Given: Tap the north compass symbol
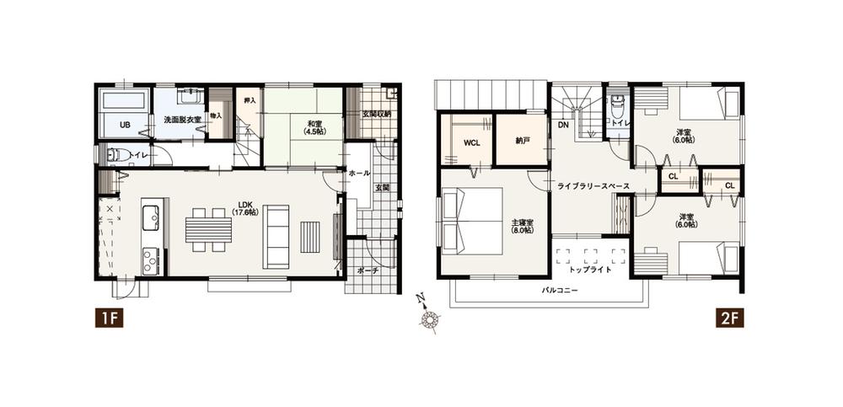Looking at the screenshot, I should point(432,319).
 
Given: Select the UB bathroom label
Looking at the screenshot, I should point(125,125).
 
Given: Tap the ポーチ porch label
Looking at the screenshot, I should point(368,270).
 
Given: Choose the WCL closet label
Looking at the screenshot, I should point(472,142).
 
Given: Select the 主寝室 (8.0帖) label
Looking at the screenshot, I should point(522,227).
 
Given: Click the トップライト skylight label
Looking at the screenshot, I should point(590,270).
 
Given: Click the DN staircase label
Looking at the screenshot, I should point(562,126).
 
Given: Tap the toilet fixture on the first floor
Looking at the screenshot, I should point(117,155).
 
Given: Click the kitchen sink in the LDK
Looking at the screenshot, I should point(150,217).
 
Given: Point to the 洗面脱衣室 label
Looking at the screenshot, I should point(182,120).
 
